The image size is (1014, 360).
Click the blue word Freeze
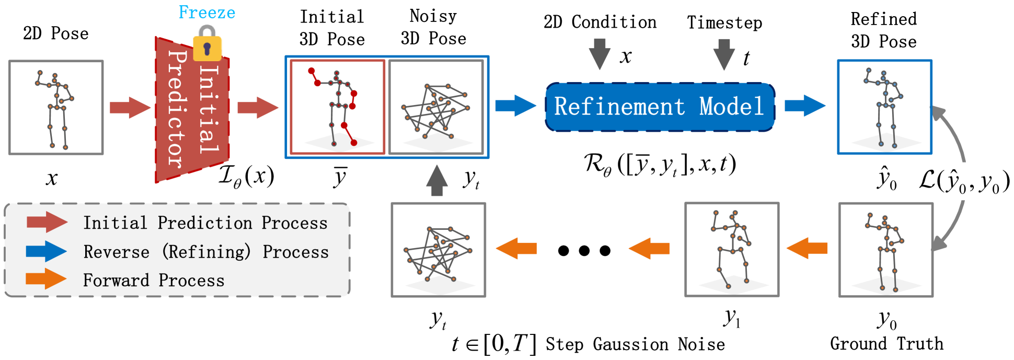[207, 13]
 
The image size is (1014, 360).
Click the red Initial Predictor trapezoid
[192, 110]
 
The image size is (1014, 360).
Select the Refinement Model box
[660, 107]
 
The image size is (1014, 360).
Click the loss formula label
[964, 181]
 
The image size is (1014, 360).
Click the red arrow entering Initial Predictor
[130, 108]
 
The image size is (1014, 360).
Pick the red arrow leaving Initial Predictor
[258, 108]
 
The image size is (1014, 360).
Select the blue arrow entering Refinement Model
[515, 106]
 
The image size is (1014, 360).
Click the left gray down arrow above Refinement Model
[600, 54]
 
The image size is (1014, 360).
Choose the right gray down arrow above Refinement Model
[724, 54]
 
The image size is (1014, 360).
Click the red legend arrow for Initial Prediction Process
[47, 222]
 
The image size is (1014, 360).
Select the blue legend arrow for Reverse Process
[47, 251]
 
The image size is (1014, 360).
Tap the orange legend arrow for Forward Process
[47, 279]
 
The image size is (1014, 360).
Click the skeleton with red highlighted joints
[338, 107]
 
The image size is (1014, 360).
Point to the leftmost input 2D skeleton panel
[56, 108]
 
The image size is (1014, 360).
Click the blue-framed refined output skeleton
[884, 107]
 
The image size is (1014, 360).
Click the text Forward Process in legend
[154, 281]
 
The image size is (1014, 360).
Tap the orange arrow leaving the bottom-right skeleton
[807, 248]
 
